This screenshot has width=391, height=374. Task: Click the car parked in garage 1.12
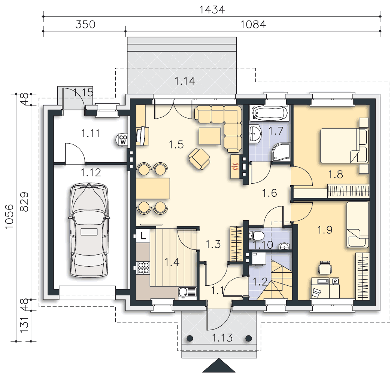coord(89,230)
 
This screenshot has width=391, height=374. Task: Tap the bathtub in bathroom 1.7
coord(270,113)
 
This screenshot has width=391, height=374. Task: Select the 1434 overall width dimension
coord(212,10)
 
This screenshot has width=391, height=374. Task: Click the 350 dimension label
coord(85,24)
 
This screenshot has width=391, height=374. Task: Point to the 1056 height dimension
coord(9,217)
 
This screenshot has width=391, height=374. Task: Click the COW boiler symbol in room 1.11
coord(122,140)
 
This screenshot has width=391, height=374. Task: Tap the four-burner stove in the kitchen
coord(143,268)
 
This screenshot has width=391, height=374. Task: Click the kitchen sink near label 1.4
coord(187,292)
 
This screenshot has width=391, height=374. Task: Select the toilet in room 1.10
coord(256,235)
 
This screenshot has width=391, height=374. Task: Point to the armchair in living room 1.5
coord(199,159)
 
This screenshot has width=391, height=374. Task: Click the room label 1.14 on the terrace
coord(185,81)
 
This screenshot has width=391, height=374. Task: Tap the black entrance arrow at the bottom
coord(219,365)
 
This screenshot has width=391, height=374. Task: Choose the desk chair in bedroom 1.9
coord(325,267)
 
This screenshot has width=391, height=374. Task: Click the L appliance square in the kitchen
coord(143,235)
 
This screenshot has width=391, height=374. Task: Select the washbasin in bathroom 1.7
coord(255,134)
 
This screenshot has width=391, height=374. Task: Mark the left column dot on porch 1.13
coord(190,338)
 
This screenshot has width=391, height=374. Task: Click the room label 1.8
coord(336,175)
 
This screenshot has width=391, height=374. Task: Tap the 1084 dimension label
coord(253,24)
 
